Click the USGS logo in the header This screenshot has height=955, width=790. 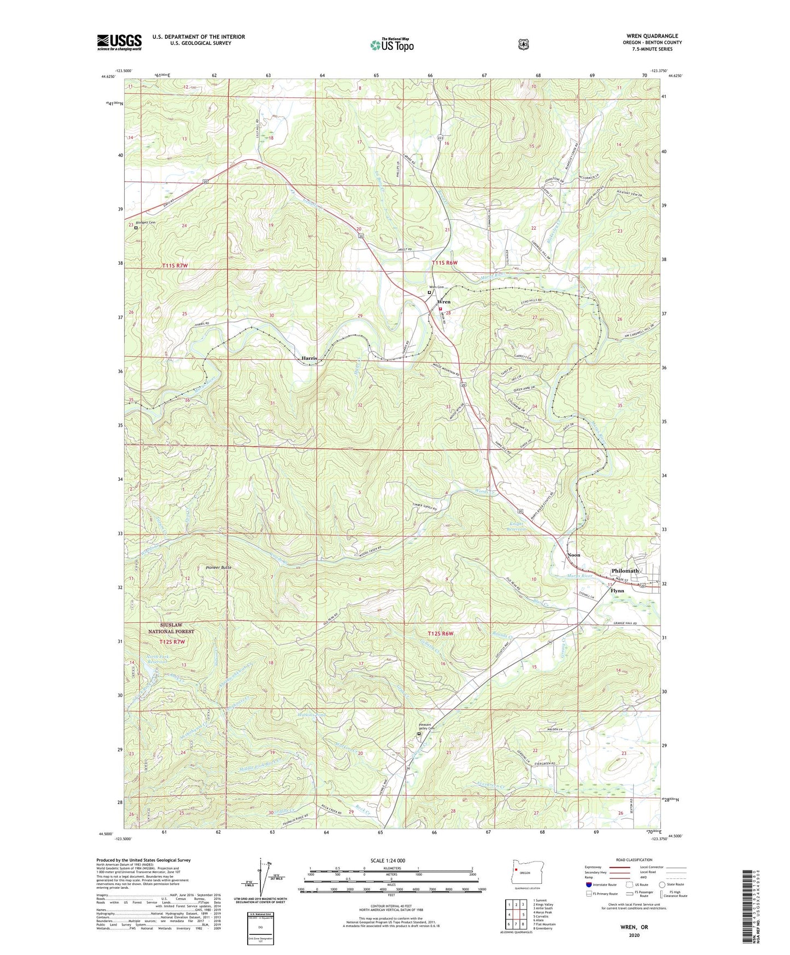119,42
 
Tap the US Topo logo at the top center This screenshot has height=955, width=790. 391,45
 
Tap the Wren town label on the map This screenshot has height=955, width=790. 444,302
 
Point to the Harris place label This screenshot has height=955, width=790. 309,358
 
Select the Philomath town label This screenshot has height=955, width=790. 625,570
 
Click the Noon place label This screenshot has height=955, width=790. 574,555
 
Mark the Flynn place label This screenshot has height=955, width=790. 617,591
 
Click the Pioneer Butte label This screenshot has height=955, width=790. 219,568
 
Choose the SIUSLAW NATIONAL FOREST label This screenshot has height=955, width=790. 171,628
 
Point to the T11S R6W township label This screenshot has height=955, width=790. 444,263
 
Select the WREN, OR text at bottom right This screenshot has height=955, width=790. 634,927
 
